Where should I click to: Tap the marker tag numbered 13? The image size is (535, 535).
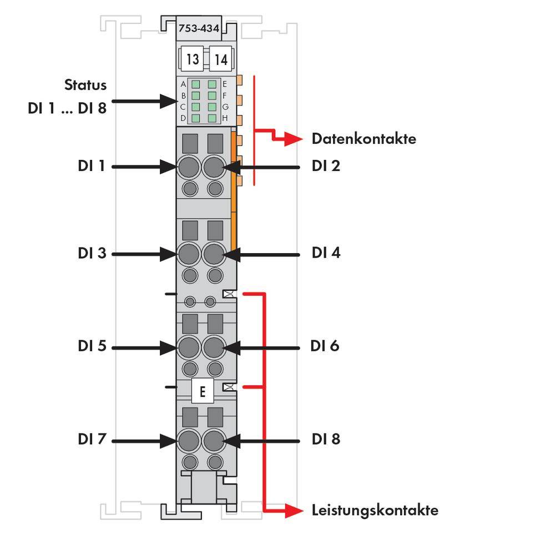click(192, 59)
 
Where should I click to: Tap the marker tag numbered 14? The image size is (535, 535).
click(221, 59)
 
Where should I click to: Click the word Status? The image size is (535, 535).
click(85, 85)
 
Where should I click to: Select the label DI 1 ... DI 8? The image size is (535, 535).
click(67, 108)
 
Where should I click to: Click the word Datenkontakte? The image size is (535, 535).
click(364, 139)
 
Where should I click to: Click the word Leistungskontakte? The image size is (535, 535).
click(375, 510)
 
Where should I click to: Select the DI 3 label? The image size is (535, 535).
click(92, 254)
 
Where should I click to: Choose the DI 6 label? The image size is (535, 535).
click(325, 346)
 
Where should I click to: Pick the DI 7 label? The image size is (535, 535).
click(92, 440)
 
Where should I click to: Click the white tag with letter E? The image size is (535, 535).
click(202, 392)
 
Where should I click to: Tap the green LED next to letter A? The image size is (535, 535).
click(195, 84)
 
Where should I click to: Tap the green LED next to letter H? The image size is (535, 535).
click(212, 118)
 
